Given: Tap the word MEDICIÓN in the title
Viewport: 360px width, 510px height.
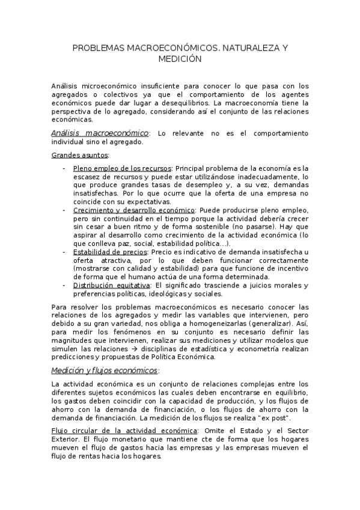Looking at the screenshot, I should coord(180,59).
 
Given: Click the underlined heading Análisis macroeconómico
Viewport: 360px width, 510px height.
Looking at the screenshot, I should coord(100,132).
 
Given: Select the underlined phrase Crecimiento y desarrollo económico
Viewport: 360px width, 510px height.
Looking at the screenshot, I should coord(134,210).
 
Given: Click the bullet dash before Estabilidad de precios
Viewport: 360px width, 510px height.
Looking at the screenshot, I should coord(64,253).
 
